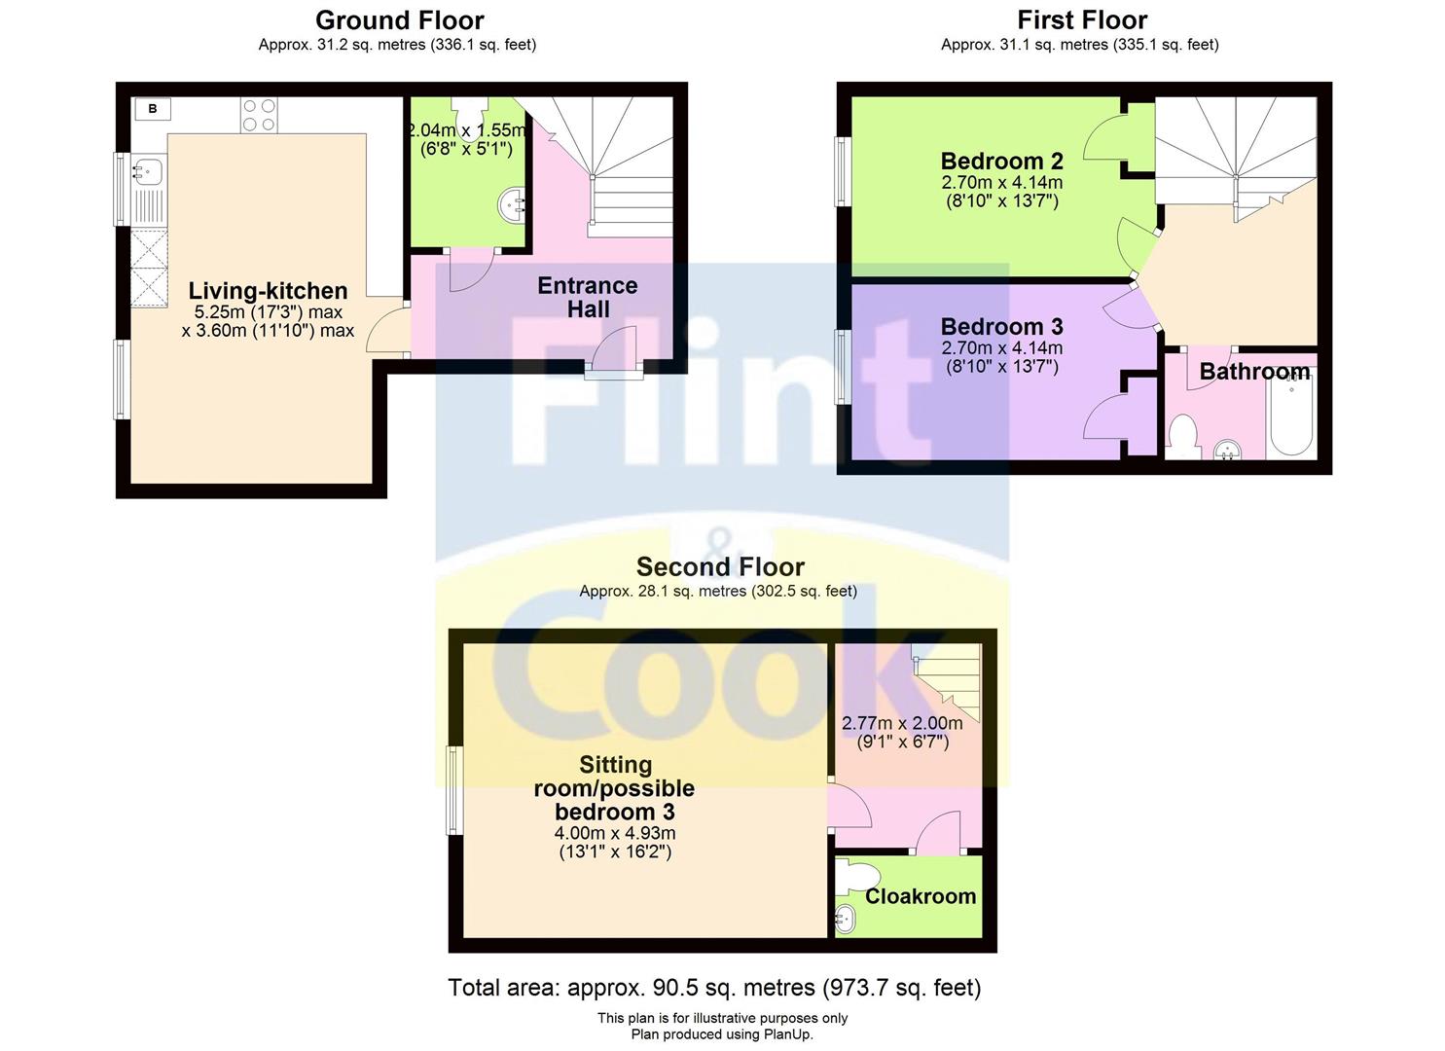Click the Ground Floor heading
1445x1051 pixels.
(x=399, y=20)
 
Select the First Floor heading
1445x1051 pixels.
(x=1081, y=20)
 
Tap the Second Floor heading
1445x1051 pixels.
(x=720, y=567)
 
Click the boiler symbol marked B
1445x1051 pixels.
(x=153, y=109)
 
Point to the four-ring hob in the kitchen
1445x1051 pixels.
(x=259, y=115)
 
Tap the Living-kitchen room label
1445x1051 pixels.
(x=268, y=291)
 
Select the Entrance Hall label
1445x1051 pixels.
(x=587, y=297)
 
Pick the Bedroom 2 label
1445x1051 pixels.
(x=1001, y=162)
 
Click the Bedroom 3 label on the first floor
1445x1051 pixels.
(x=1001, y=327)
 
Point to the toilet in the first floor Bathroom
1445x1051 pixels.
(x=1182, y=435)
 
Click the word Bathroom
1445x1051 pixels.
(x=1253, y=372)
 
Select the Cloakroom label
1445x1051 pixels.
(x=920, y=896)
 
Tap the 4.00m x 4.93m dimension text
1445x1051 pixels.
(x=615, y=833)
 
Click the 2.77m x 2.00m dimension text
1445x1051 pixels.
(x=901, y=723)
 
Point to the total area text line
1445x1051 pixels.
(x=714, y=988)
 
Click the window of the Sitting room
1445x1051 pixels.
(x=453, y=790)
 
